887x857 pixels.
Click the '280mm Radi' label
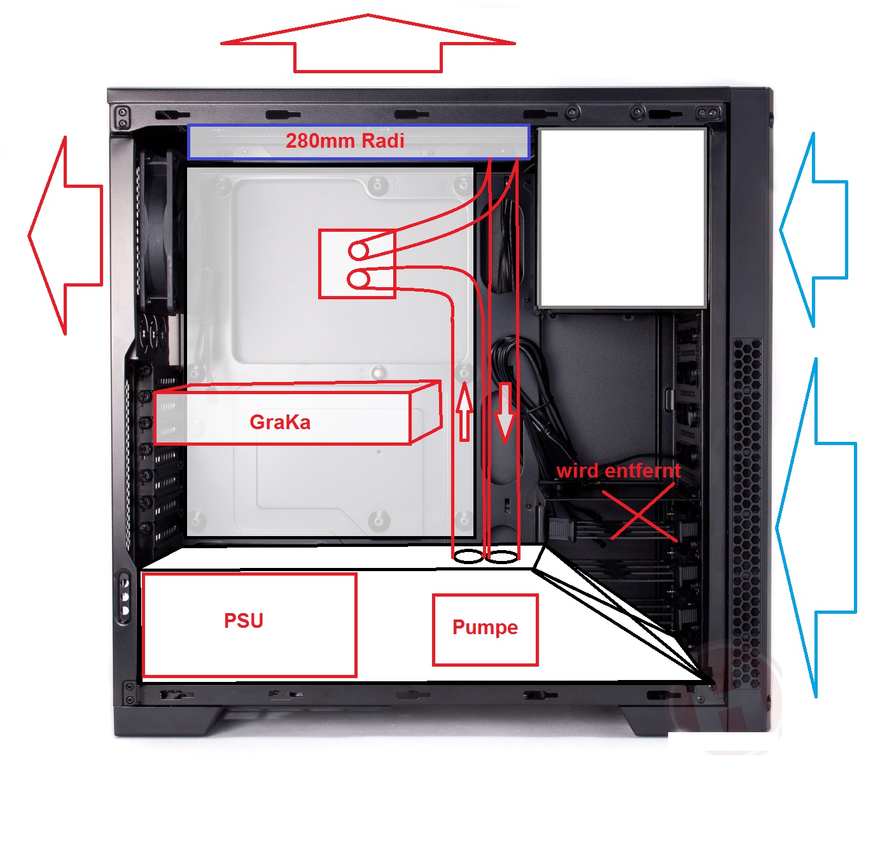(345, 141)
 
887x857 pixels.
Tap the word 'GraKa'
(280, 422)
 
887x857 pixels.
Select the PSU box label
(244, 621)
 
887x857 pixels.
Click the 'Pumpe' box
(485, 628)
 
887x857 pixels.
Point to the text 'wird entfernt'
(618, 471)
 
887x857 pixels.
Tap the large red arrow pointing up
(368, 44)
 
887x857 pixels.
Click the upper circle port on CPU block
(358, 250)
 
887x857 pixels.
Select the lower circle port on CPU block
(359, 279)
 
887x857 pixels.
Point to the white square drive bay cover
(622, 218)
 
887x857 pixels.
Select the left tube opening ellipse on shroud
(468, 556)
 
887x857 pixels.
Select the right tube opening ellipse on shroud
(503, 556)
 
